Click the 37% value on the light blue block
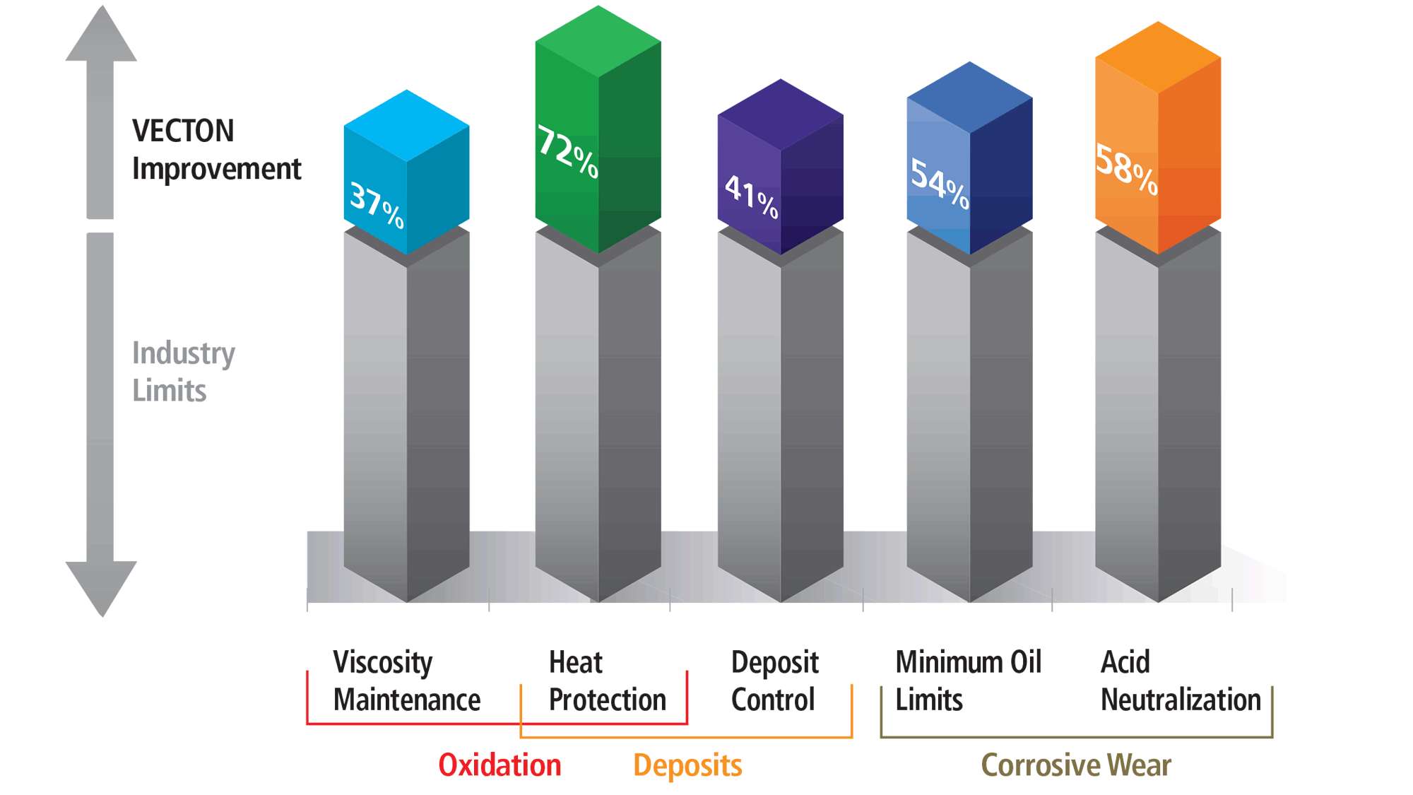[x=377, y=206]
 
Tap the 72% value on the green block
[x=567, y=151]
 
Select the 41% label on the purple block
[x=751, y=197]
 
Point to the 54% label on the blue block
[x=939, y=184]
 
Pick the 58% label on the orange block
[x=1126, y=169]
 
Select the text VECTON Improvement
[x=216, y=150]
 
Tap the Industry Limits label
[x=183, y=371]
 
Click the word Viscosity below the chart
[x=382, y=662]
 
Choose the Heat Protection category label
[x=607, y=681]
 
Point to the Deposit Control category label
[x=774, y=681]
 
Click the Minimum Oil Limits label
[x=968, y=681]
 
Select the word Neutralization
[x=1181, y=700]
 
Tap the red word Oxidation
[x=499, y=765]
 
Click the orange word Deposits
[x=687, y=765]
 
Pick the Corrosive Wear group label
[x=1075, y=765]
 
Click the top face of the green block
[x=598, y=41]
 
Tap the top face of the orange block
[x=1158, y=57]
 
